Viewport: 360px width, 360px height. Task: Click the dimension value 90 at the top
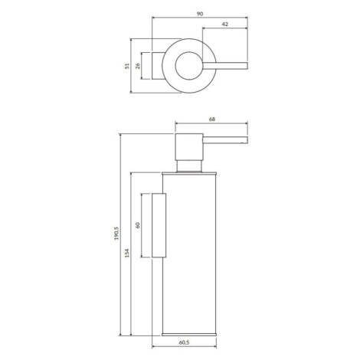click(x=200, y=14)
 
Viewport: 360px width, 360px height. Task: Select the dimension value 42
click(x=225, y=25)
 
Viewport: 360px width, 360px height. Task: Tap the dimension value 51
click(x=127, y=66)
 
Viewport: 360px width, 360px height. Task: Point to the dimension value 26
click(x=138, y=66)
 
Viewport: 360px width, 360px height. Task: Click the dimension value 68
click(x=212, y=119)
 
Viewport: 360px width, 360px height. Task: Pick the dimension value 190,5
click(x=116, y=234)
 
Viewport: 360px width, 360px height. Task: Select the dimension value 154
click(x=127, y=253)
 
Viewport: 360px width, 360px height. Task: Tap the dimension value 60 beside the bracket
click(x=138, y=225)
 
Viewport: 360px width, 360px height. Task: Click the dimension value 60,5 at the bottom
click(x=184, y=342)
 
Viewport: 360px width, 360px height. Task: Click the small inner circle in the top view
click(x=175, y=66)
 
